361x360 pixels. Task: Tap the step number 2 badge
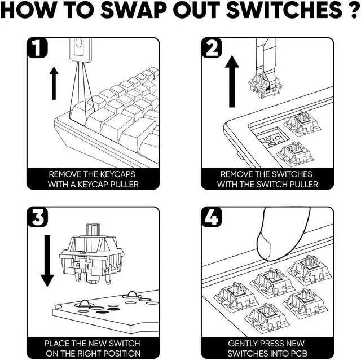(x=212, y=50)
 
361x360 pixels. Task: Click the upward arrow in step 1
(x=54, y=82)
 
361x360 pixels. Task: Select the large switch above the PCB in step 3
(x=92, y=254)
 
